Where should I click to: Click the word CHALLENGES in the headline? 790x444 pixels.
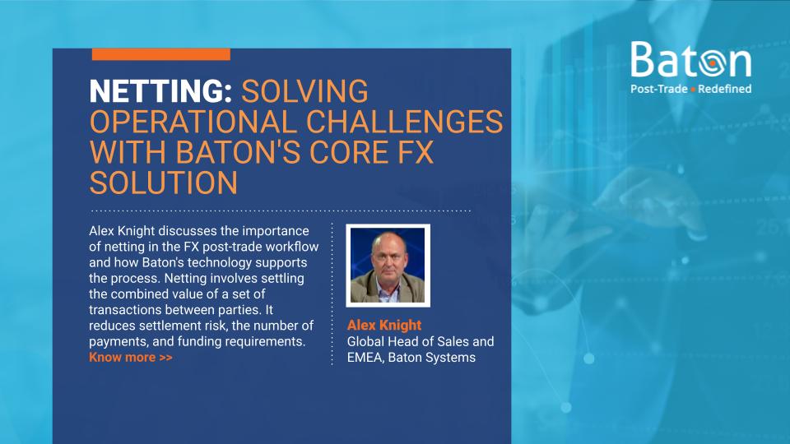pyautogui.click(x=403, y=123)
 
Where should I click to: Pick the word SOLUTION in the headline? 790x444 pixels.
pyautogui.click(x=163, y=183)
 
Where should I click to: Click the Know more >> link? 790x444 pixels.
pyautogui.click(x=131, y=357)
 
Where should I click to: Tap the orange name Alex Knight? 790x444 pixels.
pyautogui.click(x=384, y=325)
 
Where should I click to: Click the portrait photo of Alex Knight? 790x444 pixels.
pyautogui.click(x=388, y=265)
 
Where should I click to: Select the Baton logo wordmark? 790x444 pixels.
pyautogui.click(x=690, y=60)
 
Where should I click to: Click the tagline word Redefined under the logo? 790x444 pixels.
pyautogui.click(x=725, y=89)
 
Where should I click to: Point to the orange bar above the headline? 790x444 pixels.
pyautogui.click(x=161, y=54)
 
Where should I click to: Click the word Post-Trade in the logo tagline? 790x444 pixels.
pyautogui.click(x=658, y=89)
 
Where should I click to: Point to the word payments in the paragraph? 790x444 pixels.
pyautogui.click(x=116, y=341)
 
